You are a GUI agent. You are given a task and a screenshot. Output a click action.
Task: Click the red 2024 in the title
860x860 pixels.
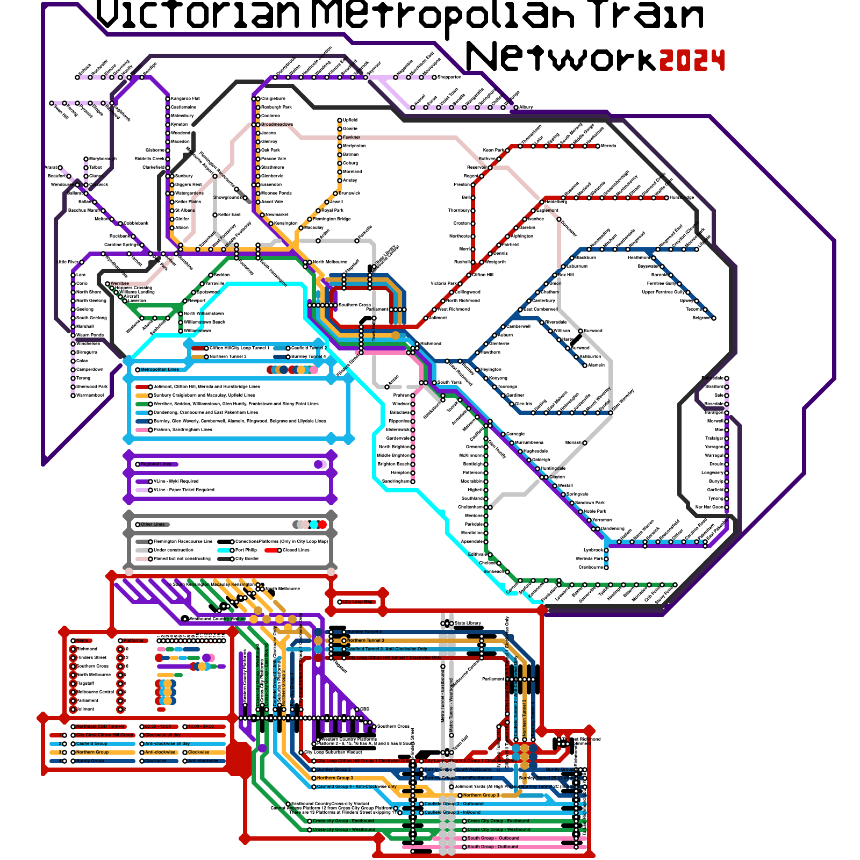[692, 60]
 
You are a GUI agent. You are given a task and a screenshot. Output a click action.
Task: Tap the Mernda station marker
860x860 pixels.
[598, 146]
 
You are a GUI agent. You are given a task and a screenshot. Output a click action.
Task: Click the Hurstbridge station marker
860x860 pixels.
[666, 197]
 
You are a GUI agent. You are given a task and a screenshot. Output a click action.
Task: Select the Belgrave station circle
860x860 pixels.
[714, 318]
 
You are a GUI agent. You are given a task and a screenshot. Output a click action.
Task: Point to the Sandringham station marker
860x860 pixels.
[413, 481]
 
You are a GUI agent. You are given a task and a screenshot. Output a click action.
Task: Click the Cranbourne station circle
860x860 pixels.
[606, 567]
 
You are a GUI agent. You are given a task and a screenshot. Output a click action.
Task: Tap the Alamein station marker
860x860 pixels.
[585, 365]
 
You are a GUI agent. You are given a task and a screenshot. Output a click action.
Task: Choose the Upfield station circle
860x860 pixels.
[340, 120]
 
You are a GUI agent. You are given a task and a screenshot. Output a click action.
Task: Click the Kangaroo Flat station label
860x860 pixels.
[185, 98]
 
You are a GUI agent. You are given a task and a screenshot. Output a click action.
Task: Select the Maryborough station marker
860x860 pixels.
[86, 159]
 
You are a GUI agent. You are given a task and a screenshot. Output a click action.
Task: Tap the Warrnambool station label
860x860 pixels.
[90, 395]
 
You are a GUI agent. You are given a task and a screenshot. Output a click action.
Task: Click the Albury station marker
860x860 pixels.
[516, 107]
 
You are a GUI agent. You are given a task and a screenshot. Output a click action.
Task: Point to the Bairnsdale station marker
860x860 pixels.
[727, 378]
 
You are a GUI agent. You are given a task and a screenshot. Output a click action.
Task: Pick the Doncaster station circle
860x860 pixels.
[559, 219]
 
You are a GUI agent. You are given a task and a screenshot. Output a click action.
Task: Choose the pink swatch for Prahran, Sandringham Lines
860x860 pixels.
[142, 429]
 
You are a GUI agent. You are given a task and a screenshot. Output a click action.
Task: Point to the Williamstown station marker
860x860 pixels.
[181, 331]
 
